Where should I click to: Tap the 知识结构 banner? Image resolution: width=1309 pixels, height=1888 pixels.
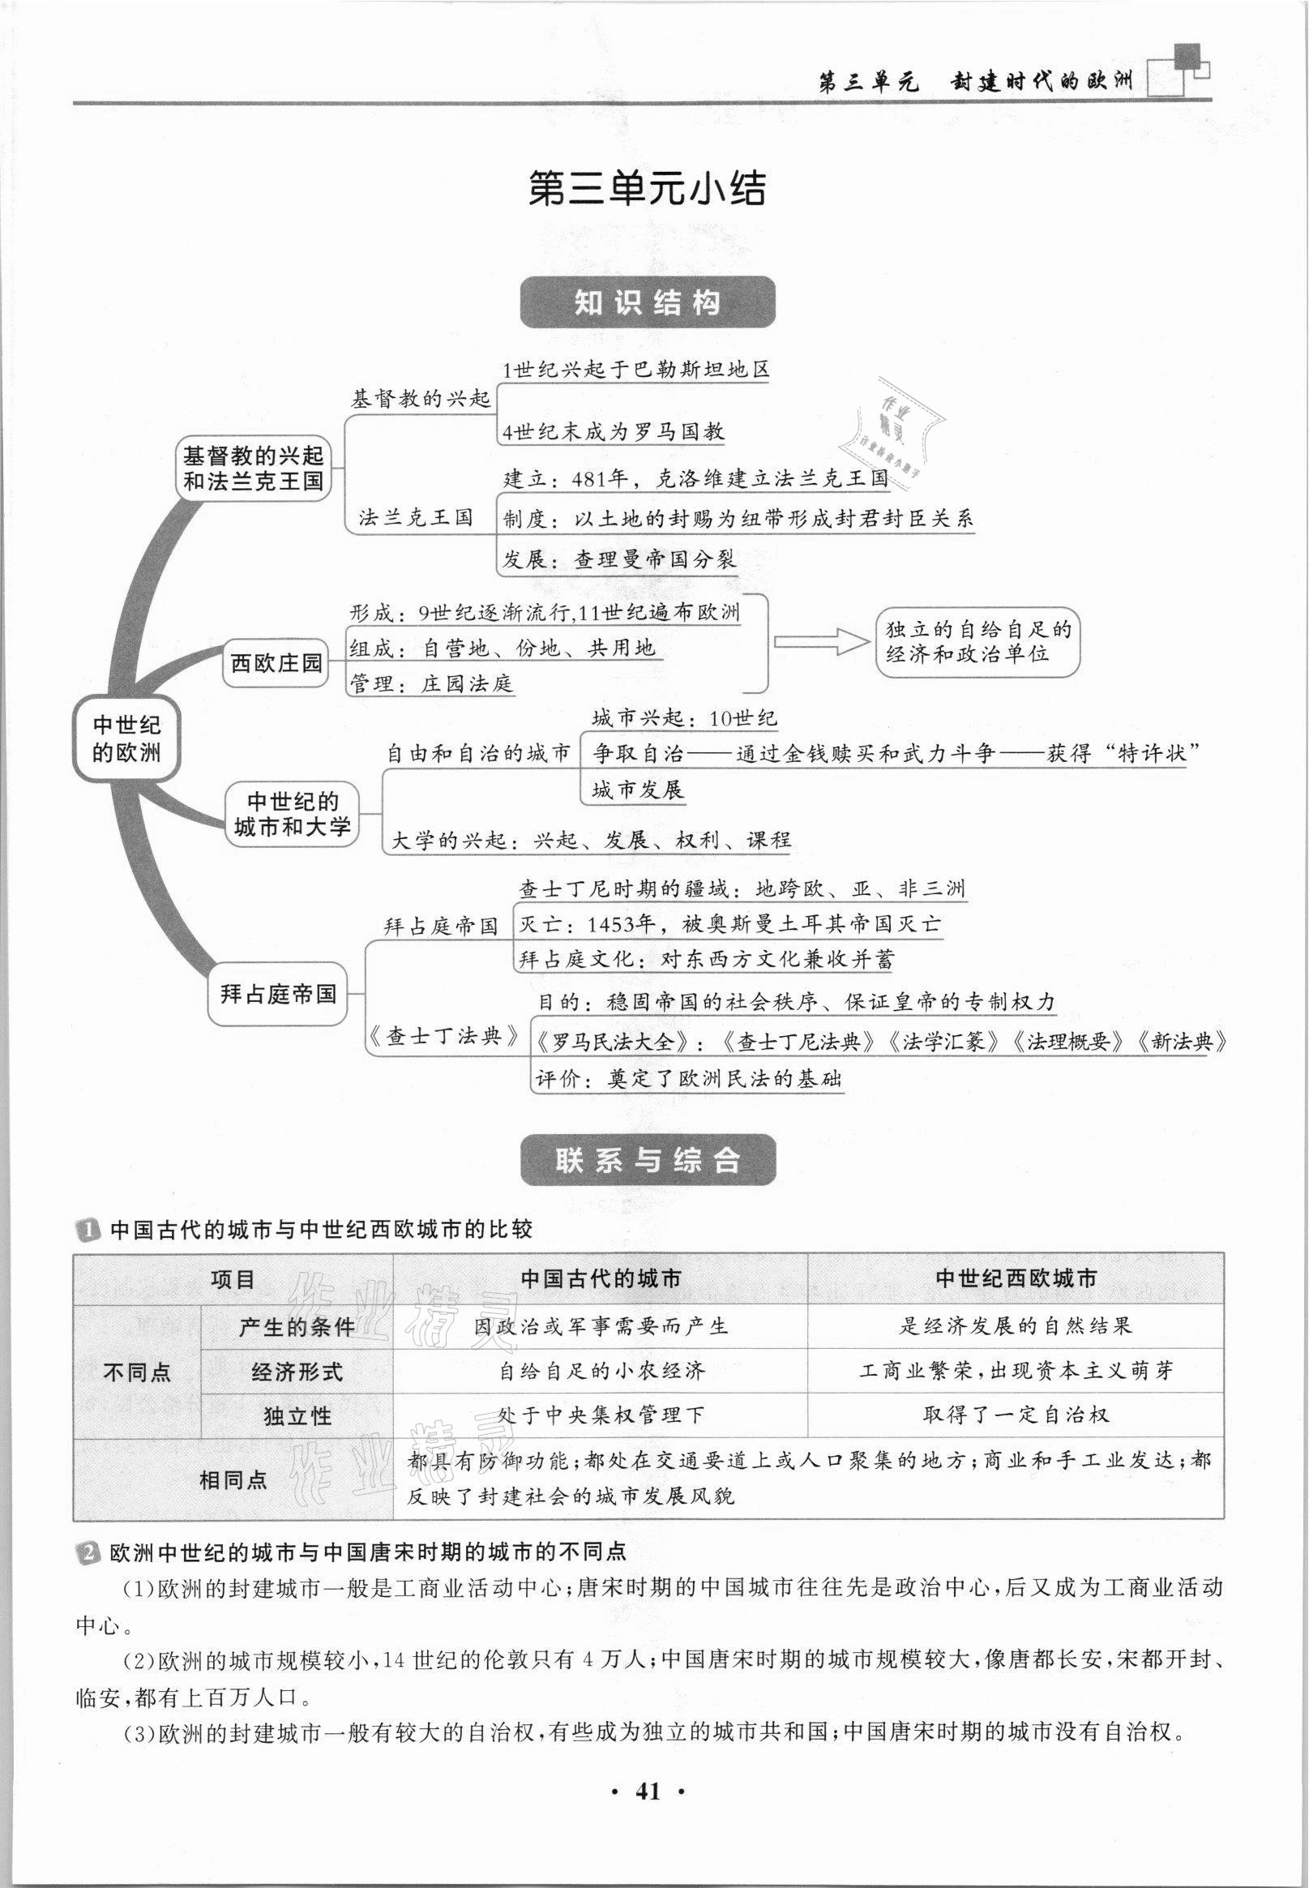tap(647, 302)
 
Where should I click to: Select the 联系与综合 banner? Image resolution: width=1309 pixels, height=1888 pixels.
tap(647, 1160)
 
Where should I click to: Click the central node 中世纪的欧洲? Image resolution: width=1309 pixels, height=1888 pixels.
tap(126, 739)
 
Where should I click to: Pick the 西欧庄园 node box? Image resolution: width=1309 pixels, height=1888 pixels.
tap(276, 662)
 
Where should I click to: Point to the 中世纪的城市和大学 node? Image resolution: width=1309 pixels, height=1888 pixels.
tap(292, 814)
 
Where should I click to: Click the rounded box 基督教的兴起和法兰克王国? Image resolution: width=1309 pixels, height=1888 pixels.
tap(254, 469)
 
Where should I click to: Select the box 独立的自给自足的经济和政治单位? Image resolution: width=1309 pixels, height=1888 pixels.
tap(977, 642)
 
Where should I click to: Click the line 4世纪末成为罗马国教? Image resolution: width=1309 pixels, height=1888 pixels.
tap(613, 431)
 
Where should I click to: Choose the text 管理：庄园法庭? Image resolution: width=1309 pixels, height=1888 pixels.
tap(432, 683)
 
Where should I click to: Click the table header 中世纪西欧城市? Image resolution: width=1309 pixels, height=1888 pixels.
tap(1016, 1278)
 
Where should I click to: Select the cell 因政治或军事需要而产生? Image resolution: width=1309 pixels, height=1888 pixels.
tap(601, 1325)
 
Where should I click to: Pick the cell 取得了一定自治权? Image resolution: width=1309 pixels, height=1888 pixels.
tap(1016, 1414)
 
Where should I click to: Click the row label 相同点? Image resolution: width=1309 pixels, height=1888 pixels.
tap(233, 1479)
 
